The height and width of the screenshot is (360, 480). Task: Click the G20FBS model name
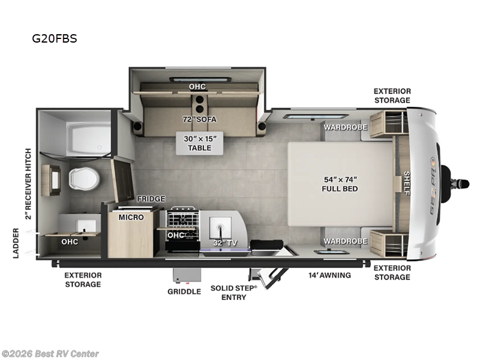55,38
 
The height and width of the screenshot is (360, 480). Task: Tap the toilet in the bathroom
84,178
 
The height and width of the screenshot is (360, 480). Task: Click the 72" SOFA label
200,119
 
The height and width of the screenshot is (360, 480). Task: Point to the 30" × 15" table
200,143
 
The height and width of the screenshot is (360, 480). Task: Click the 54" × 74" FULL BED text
340,184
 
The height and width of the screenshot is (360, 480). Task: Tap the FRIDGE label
151,199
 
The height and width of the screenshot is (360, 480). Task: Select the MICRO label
131,217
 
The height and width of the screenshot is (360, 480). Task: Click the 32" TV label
226,243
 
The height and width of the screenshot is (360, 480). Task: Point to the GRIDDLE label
184,292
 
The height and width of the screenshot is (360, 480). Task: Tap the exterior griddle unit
187,275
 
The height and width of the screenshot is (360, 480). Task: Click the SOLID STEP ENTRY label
234,293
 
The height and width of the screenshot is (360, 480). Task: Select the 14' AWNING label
329,275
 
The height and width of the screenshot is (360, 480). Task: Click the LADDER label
16,244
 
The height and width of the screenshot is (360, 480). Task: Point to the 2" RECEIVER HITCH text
28,184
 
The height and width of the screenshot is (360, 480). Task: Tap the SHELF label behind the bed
407,183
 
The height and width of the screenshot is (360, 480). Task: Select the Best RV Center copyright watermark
50,354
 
